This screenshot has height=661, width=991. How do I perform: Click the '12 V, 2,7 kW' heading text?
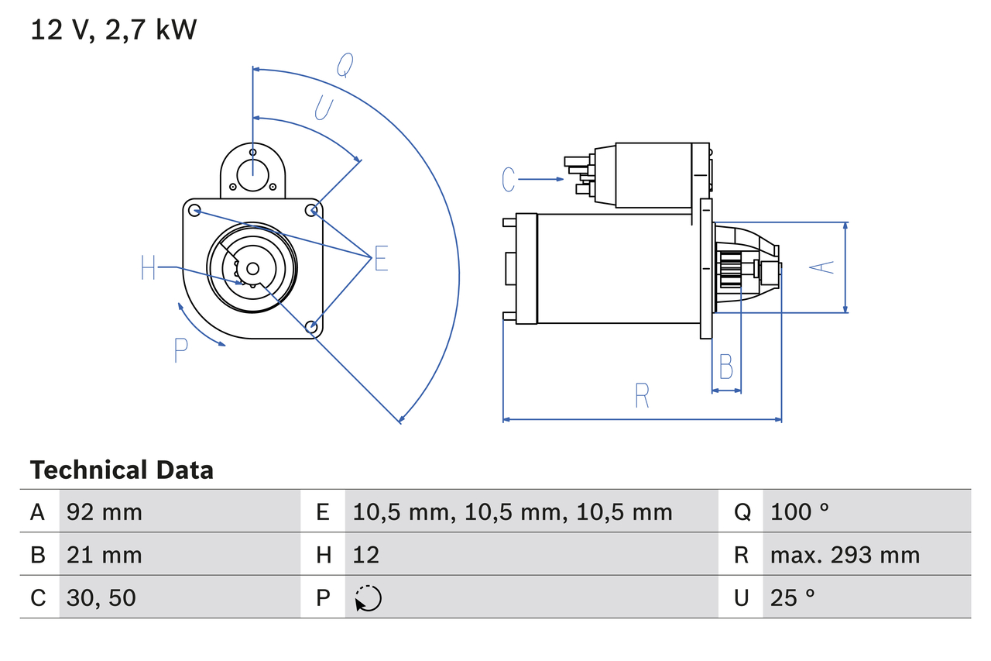114,30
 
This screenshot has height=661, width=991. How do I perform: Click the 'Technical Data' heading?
122,470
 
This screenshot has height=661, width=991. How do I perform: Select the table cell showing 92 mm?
105,511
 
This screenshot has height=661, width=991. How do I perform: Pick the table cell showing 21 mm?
105,555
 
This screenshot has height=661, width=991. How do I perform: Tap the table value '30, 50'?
101,597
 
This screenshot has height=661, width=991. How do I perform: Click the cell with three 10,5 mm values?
513,511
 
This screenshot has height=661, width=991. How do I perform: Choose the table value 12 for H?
366,555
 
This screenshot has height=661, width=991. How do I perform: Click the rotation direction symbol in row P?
368,598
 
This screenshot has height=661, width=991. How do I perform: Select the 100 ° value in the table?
800,511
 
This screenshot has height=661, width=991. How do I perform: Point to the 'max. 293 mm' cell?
845,555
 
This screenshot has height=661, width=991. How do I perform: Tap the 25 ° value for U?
793,597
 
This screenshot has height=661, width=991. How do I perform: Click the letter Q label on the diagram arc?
345,67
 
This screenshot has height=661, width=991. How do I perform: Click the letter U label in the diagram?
324,108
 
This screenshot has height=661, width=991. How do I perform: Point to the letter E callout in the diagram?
381,259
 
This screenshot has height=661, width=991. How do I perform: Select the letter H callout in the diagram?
149,269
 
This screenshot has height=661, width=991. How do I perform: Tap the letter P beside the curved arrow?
180,351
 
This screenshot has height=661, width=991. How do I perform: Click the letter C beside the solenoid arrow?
508,180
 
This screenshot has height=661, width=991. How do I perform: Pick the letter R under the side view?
641,396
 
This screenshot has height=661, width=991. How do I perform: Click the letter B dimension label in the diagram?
725,367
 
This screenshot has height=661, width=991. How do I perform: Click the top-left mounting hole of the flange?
194,210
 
